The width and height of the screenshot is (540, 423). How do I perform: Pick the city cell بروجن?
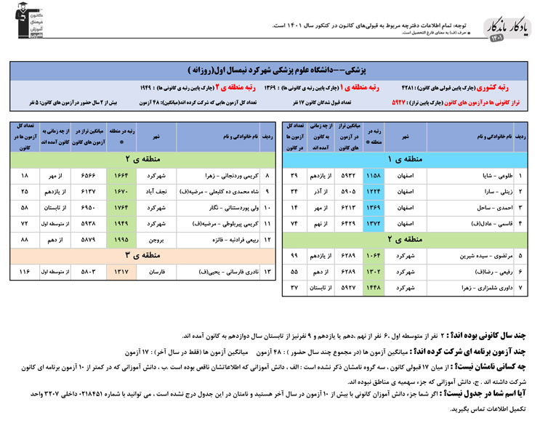coord(156,239)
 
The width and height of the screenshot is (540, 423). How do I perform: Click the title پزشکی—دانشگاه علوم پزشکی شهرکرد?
coord(301,70)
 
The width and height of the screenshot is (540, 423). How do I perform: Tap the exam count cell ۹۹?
coord(294,256)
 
